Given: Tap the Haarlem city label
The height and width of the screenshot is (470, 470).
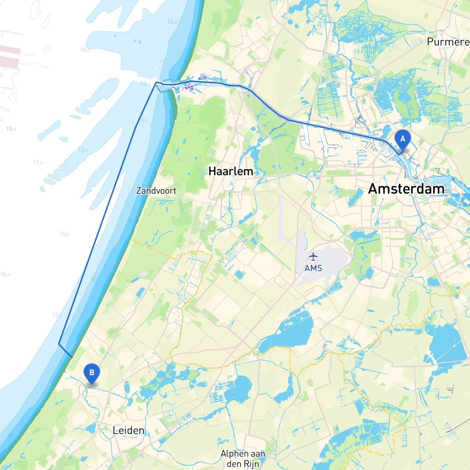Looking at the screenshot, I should click(231, 171).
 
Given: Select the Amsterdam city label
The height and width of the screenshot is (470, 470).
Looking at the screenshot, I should click(406, 189).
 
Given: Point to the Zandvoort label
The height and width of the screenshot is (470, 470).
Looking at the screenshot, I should click(156, 191).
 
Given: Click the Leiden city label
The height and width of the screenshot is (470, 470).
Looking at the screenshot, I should click(129, 430).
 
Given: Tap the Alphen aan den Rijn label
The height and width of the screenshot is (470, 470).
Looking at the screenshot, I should click(243, 459).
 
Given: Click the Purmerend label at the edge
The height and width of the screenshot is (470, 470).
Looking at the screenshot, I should click(448, 42).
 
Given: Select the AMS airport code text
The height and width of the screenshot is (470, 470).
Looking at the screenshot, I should click(313, 268).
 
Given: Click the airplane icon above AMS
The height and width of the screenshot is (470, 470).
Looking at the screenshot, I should click(313, 256).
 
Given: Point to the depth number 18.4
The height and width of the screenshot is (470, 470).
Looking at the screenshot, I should click(10, 129).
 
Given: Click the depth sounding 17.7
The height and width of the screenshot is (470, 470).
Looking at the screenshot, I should click(38, 163).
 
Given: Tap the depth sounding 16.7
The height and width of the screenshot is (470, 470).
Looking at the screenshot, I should click(5, 274).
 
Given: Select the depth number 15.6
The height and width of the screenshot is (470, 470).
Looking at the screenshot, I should click(64, 234).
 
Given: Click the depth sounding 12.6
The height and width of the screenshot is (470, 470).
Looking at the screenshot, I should click(83, 149).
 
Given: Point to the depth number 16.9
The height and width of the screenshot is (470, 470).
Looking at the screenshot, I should click(84, 50).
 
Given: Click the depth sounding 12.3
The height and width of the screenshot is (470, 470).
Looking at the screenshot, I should click(172, 21).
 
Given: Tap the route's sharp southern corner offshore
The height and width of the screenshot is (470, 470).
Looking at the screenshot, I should click(59, 344).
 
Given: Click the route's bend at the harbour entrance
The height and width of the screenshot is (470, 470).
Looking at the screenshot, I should click(157, 83).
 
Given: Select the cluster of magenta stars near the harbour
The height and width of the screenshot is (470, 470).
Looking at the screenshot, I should click(189, 88).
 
